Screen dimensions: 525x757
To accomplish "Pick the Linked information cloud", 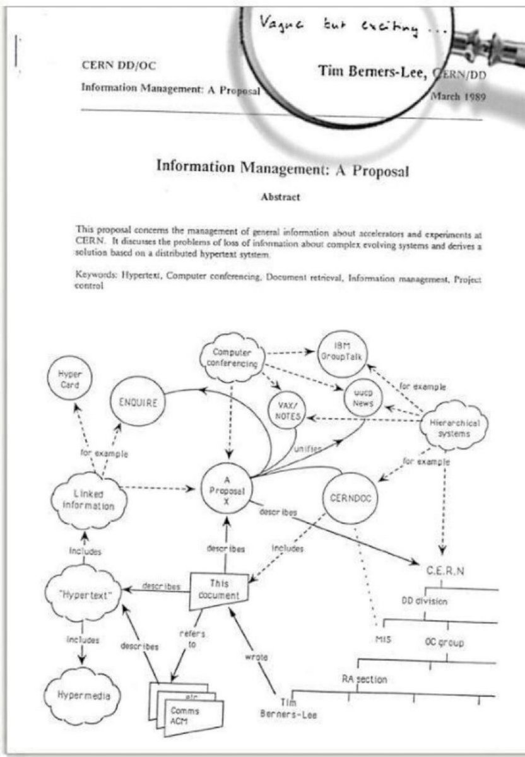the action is [x=88, y=498].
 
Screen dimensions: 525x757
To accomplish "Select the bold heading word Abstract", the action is [x=280, y=196].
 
